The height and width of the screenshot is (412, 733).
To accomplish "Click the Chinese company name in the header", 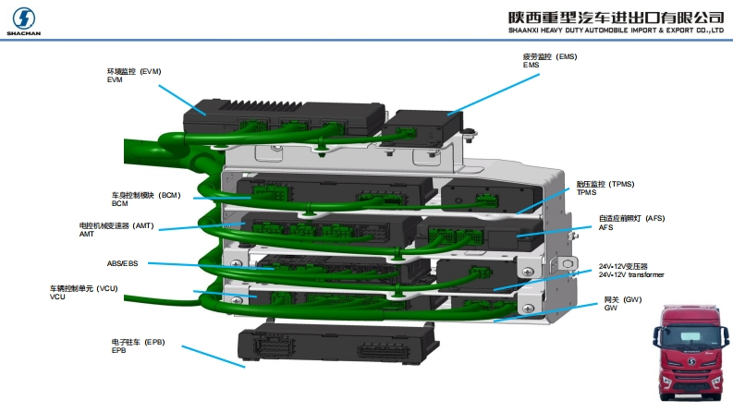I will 615,17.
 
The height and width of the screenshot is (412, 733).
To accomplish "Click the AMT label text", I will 116,229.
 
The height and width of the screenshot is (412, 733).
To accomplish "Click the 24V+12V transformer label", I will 630,271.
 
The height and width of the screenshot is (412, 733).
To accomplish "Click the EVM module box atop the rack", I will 277,118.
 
